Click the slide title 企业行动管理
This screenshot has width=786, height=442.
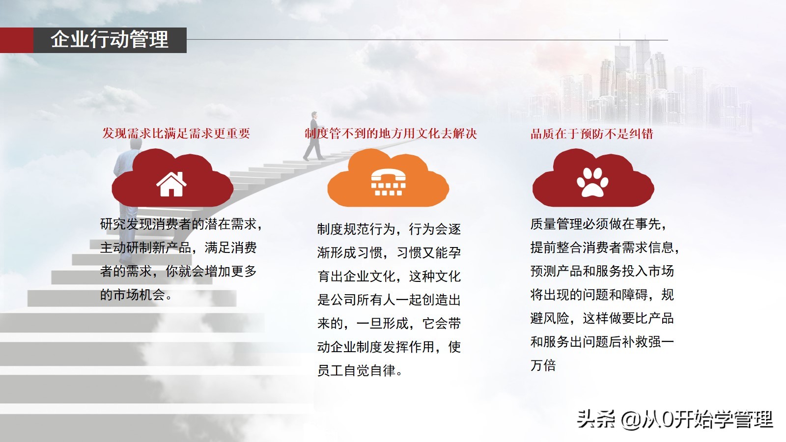point(110,40)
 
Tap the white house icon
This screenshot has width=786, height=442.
point(171,185)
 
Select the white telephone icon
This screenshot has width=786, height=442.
point(388,183)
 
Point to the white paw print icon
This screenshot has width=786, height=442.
point(592,183)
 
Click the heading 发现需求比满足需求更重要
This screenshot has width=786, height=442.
point(176,134)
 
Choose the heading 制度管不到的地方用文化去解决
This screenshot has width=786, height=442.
point(391,134)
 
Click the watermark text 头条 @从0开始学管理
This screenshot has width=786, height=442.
point(674,419)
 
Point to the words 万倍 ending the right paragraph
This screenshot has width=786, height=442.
point(543,365)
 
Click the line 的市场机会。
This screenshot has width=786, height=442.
point(136,295)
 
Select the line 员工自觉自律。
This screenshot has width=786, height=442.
point(360,370)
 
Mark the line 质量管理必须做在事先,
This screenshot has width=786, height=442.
point(598,224)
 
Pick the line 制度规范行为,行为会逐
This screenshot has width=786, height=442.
point(389,229)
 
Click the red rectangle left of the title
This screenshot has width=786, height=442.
point(16,40)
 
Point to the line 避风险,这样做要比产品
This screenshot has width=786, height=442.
point(602,318)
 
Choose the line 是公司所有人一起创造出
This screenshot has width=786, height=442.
point(389,300)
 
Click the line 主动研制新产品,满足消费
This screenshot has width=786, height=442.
point(178,248)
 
